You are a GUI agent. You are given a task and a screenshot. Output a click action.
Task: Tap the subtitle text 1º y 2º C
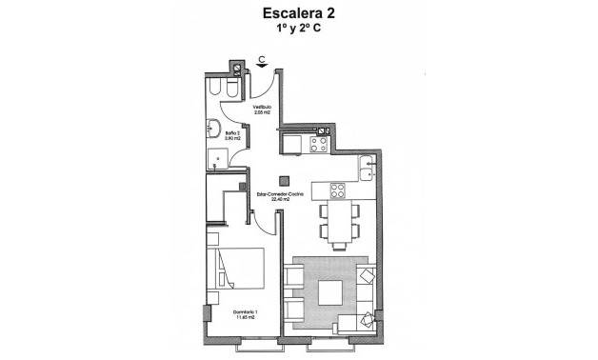[299, 30]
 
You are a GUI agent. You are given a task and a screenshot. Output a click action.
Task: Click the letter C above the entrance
[261, 60]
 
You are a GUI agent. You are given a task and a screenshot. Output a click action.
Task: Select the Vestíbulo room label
[262, 107]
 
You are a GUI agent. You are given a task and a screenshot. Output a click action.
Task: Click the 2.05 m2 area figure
[262, 113]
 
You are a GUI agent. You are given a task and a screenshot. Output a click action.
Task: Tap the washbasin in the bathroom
[215, 129]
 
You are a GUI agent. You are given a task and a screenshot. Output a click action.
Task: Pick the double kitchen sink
[370, 168]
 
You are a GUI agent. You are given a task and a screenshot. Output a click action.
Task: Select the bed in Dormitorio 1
[237, 269]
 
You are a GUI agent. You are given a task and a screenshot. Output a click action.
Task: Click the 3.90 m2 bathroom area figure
[229, 140]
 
